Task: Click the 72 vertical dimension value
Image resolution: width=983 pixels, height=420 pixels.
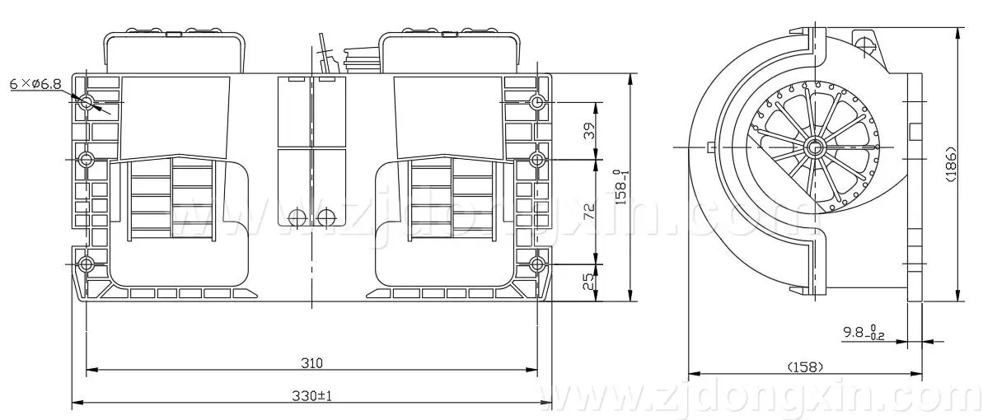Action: (x=588, y=211)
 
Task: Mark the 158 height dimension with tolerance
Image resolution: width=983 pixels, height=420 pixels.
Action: (x=621, y=187)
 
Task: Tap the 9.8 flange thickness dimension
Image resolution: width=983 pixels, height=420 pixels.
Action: (x=862, y=333)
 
